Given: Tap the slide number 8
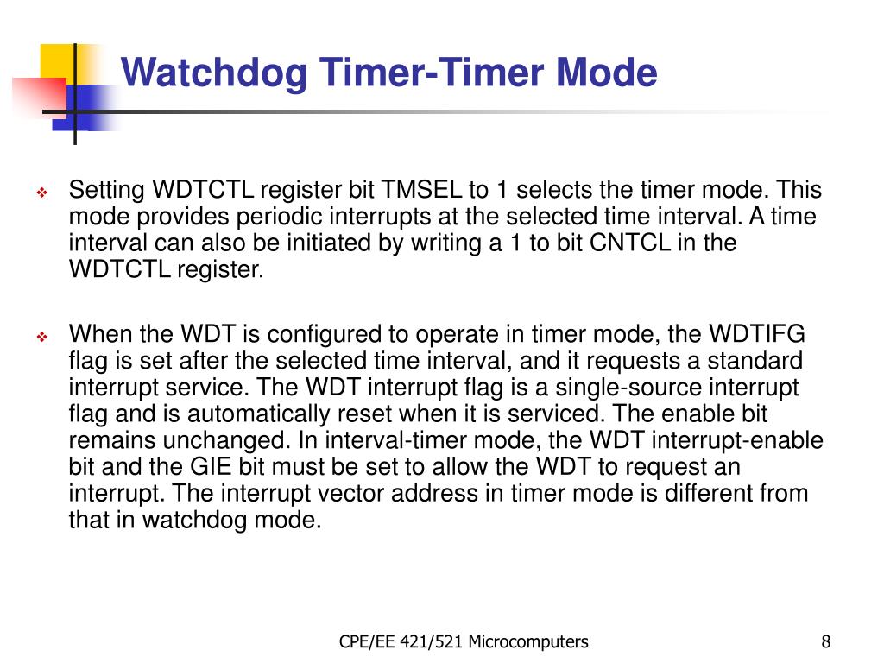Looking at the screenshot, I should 826,641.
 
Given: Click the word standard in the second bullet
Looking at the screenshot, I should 750,361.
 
